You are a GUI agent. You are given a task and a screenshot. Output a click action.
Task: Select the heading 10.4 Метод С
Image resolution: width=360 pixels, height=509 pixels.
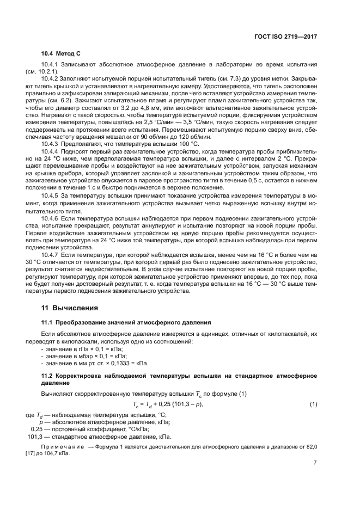[x=61, y=56]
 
